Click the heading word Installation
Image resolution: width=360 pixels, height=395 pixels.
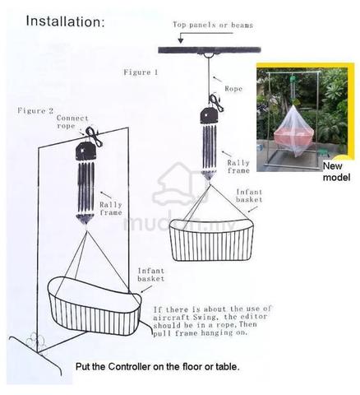coord(65,21)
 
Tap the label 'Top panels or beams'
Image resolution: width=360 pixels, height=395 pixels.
coord(213,25)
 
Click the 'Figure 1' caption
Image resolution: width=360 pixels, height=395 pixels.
coord(141,72)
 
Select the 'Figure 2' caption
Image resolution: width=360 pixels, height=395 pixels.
coord(35,111)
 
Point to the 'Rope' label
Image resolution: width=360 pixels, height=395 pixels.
coord(233,89)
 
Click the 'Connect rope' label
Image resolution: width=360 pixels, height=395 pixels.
coord(72,122)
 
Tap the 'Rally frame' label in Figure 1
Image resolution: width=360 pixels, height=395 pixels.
coord(238,167)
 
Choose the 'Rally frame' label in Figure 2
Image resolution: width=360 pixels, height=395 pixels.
coord(111,209)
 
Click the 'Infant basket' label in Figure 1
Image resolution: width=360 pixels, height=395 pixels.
coord(249,196)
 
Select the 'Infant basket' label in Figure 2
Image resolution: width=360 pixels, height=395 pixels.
coord(150,275)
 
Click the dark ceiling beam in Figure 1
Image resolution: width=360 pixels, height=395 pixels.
coord(210,50)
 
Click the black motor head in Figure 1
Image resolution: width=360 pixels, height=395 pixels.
coord(210,116)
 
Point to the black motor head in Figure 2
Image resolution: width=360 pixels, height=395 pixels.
coord(85,151)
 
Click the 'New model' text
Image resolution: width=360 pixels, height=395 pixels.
coord(336,172)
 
